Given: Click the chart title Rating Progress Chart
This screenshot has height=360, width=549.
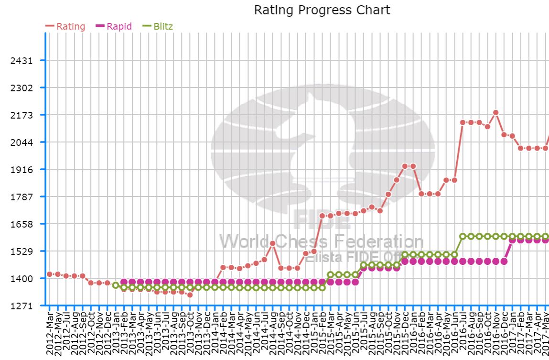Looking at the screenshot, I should pyautogui.click(x=322, y=10).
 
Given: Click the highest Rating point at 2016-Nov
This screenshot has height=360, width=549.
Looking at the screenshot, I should pyautogui.click(x=495, y=113).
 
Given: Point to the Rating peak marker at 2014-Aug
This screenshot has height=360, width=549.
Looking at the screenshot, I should pyautogui.click(x=272, y=243).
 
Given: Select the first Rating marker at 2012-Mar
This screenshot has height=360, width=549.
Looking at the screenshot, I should pyautogui.click(x=50, y=274).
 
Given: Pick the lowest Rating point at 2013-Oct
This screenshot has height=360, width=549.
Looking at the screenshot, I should pyautogui.click(x=190, y=295).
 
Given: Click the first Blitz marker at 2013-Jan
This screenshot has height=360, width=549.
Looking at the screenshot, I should pyautogui.click(x=116, y=285).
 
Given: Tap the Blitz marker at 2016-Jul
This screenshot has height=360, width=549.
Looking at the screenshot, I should pyautogui.click(x=463, y=236).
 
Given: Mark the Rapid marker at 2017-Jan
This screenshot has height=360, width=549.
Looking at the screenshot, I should pyautogui.click(x=512, y=240).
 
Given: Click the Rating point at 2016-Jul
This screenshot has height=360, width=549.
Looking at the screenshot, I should pyautogui.click(x=463, y=122).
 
